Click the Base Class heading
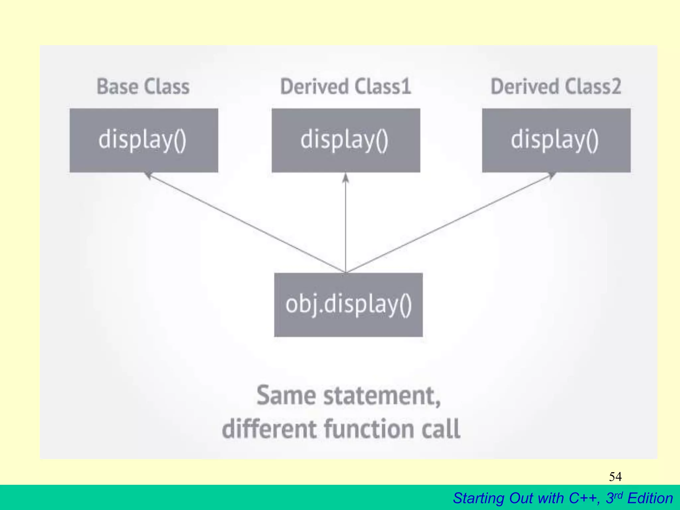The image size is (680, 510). tap(143, 87)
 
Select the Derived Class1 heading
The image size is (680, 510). tap(346, 87)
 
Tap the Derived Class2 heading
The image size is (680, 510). tap(556, 87)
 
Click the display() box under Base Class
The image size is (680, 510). tap(144, 140)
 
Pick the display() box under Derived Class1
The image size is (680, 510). tap(346, 140)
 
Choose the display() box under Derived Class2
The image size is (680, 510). tap(556, 140)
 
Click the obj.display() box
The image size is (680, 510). tap(348, 305)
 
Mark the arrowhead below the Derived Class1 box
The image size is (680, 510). tap(346, 178)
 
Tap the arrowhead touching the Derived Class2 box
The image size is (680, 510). tap(552, 175)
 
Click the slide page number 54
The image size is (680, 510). tap(615, 477)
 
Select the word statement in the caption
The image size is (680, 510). tap(382, 396)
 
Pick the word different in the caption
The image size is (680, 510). tap(269, 429)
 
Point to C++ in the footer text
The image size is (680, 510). tap(584, 498)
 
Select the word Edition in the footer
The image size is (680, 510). tap(650, 498)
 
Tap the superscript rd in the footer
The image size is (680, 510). tap(618, 495)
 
